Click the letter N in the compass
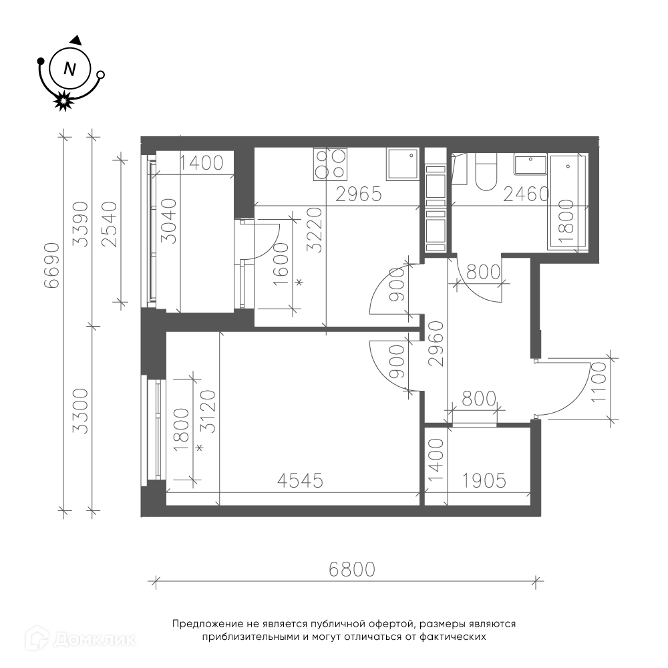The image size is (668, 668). (x=69, y=69)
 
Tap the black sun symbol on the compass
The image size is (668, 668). (x=63, y=101)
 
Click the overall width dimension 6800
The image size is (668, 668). (x=352, y=569)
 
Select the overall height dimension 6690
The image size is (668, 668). (x=52, y=265)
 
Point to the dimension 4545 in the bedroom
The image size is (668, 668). (x=300, y=480)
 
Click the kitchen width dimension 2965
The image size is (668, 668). (x=359, y=194)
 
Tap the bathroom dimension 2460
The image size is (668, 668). (x=526, y=194)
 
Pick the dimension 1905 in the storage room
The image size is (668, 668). (x=484, y=480)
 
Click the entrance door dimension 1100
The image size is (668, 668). (x=599, y=381)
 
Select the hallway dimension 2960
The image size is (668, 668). (x=436, y=344)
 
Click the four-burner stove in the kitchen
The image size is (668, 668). (x=330, y=164)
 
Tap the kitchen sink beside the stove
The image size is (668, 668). (x=403, y=164)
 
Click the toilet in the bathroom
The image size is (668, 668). (x=486, y=172)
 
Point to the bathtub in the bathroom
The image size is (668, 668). (x=568, y=202)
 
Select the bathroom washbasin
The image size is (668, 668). (x=530, y=164)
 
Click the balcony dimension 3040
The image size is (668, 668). (x=170, y=220)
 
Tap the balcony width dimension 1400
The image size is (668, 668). (x=201, y=163)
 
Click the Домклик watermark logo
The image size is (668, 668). (x=81, y=639)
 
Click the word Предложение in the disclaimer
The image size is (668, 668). (x=208, y=624)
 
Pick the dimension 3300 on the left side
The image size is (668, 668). (x=81, y=411)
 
